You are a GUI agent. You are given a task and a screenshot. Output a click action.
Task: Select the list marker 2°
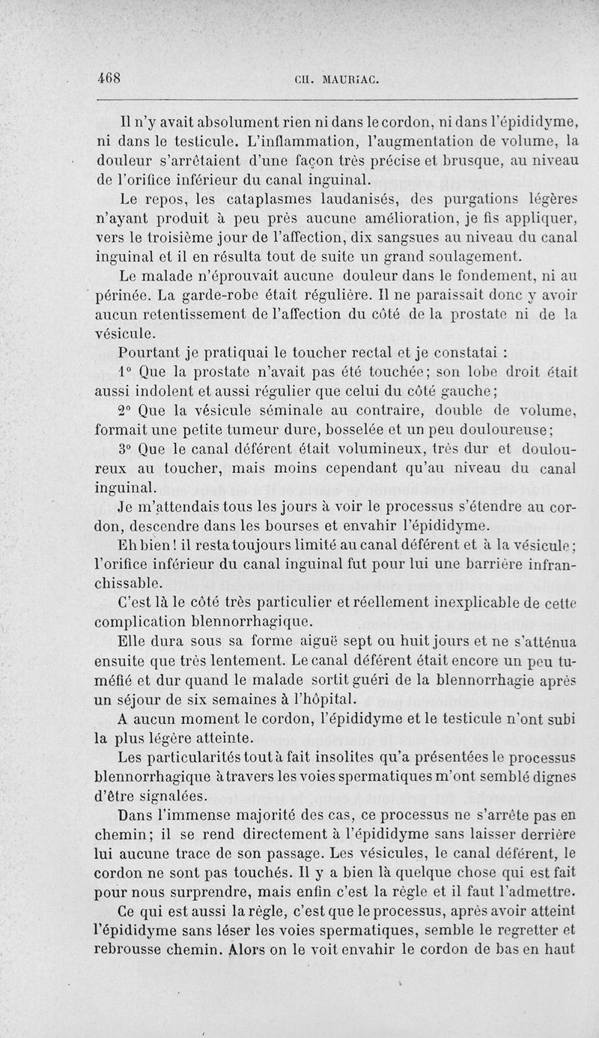125,409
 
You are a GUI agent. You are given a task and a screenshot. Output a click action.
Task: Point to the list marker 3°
125,449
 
